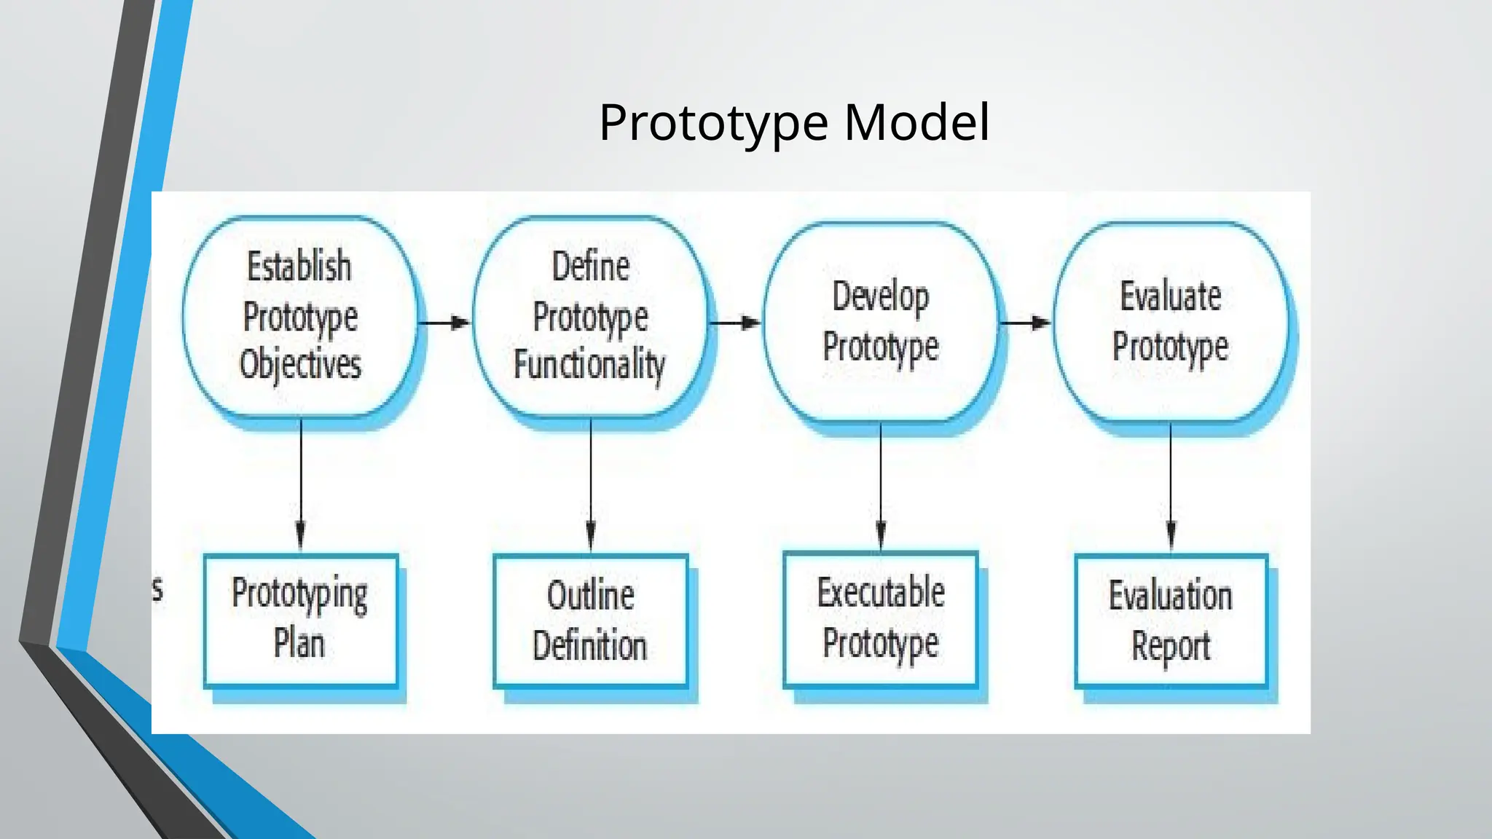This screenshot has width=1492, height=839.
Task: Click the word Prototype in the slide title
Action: [x=713, y=122]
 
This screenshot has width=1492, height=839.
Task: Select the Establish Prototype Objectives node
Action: [x=300, y=316]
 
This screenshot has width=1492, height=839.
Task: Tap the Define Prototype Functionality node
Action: [x=590, y=316]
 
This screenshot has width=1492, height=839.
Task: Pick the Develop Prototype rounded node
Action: [x=880, y=321]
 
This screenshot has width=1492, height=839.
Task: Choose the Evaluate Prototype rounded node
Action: [x=1170, y=321]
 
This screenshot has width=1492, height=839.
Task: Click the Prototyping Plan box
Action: [x=300, y=620]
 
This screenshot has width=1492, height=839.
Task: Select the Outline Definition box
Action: [x=590, y=621]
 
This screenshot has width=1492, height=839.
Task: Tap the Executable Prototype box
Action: [x=880, y=619]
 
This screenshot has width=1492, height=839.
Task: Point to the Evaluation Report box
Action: [x=1170, y=621]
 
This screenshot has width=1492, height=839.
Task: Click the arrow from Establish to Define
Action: [x=444, y=322]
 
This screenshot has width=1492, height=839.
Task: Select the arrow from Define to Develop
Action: [x=734, y=322]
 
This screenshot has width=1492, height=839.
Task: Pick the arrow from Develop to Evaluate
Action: [x=1024, y=322]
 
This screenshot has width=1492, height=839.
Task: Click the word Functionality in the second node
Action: [x=589, y=364]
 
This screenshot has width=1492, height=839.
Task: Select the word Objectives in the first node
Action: [x=300, y=364]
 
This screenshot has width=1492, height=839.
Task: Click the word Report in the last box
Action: [x=1170, y=646]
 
